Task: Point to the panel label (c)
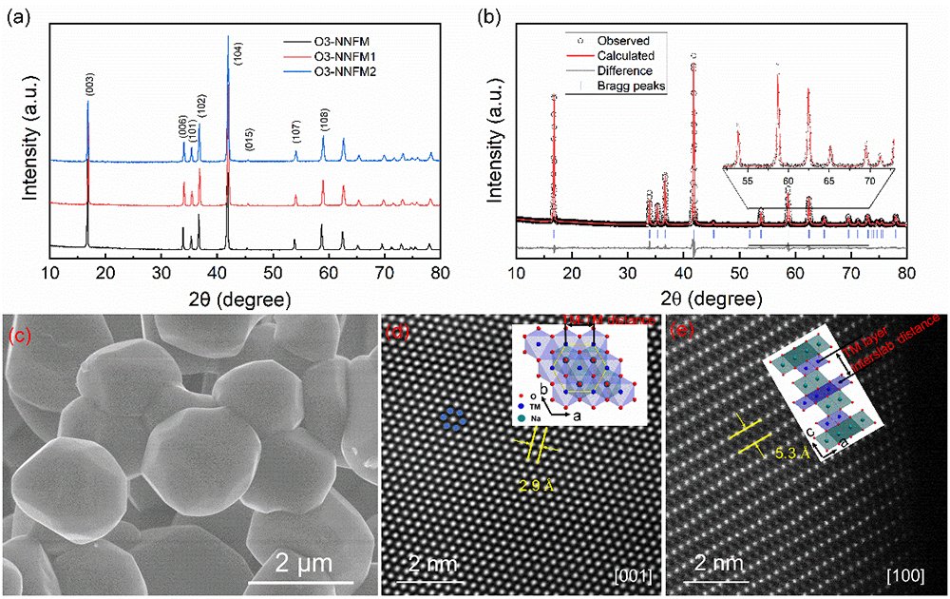pyautogui.click(x=21, y=336)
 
